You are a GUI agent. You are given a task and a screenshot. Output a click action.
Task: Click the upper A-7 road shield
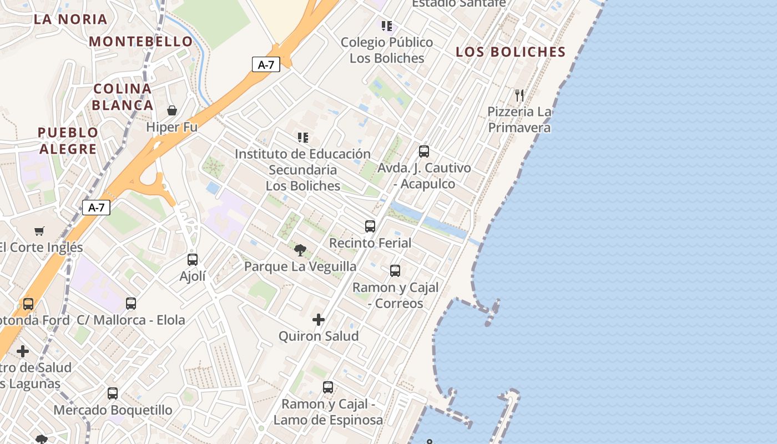266,64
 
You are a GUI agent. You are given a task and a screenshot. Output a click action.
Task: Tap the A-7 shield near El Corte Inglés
97,208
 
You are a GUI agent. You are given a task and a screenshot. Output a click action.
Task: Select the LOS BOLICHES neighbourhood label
510,52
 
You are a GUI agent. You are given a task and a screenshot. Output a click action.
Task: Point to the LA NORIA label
70,19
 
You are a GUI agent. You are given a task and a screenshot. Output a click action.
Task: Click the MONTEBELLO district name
141,42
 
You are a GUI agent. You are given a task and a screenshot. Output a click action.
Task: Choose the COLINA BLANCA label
123,97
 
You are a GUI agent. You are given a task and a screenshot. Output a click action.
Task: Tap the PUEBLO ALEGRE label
68,140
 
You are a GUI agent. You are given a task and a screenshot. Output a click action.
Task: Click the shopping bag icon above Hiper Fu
172,110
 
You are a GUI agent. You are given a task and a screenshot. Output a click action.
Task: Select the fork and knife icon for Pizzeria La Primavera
519,95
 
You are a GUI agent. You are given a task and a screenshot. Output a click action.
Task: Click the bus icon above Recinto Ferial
370,226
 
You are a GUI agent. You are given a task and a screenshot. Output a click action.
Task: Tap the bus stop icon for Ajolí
193,259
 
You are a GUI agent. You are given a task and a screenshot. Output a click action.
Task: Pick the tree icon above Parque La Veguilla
300,250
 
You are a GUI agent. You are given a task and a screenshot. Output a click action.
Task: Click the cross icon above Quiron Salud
319,319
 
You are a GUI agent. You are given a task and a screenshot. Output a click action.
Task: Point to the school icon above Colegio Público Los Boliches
387,26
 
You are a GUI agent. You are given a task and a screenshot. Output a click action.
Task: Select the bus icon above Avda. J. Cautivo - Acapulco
424,151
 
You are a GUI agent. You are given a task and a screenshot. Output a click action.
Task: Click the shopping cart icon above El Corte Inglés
39,231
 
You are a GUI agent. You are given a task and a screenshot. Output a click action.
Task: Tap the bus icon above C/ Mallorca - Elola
131,303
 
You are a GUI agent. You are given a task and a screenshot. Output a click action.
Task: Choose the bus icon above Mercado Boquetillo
113,393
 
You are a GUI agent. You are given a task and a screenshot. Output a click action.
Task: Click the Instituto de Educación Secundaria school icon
302,137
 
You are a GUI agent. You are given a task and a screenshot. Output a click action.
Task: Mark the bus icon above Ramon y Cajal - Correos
395,270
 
